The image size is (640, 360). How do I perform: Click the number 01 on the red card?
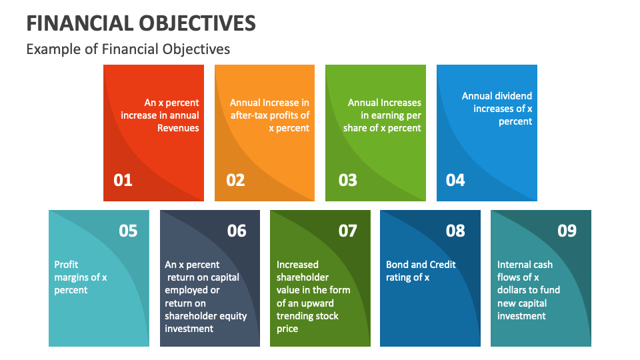pyautogui.click(x=123, y=180)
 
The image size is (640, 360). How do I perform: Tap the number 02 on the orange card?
pyautogui.click(x=235, y=180)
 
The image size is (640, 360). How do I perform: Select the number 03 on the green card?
pyautogui.click(x=347, y=180)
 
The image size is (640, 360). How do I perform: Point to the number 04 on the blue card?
pyautogui.click(x=455, y=180)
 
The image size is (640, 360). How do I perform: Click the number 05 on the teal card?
pyautogui.click(x=128, y=231)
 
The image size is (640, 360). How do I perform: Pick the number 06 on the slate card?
pyautogui.click(x=237, y=231)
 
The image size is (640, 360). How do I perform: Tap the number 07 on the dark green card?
pyautogui.click(x=348, y=231)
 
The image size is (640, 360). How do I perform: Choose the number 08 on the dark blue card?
pyautogui.click(x=455, y=231)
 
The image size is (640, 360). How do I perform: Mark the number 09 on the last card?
pyautogui.click(x=567, y=231)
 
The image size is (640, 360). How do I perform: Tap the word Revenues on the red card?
pyautogui.click(x=178, y=128)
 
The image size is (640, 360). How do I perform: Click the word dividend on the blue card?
pyautogui.click(x=513, y=96)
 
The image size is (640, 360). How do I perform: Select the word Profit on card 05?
pyautogui.click(x=66, y=265)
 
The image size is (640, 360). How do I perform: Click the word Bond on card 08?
pyautogui.click(x=397, y=265)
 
